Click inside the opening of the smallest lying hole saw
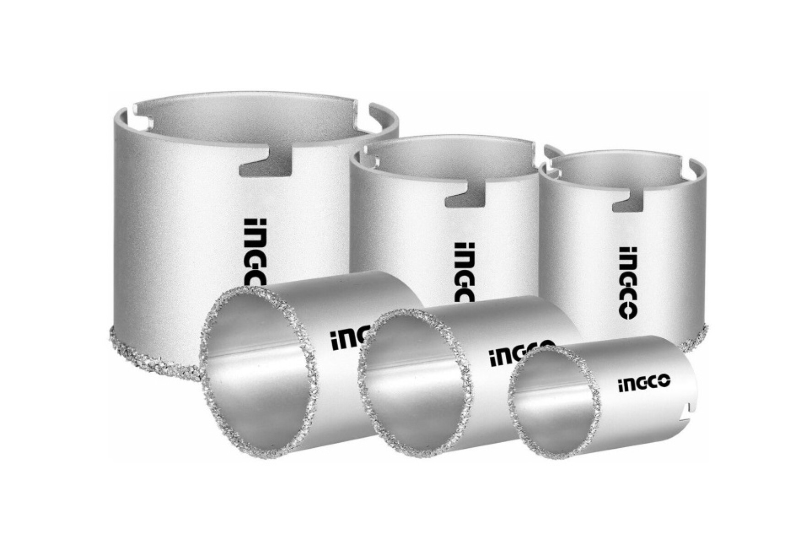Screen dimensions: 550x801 click(x=554, y=408)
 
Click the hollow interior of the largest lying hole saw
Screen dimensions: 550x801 click(x=257, y=367)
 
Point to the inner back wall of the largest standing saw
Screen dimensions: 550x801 click(x=257, y=117)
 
